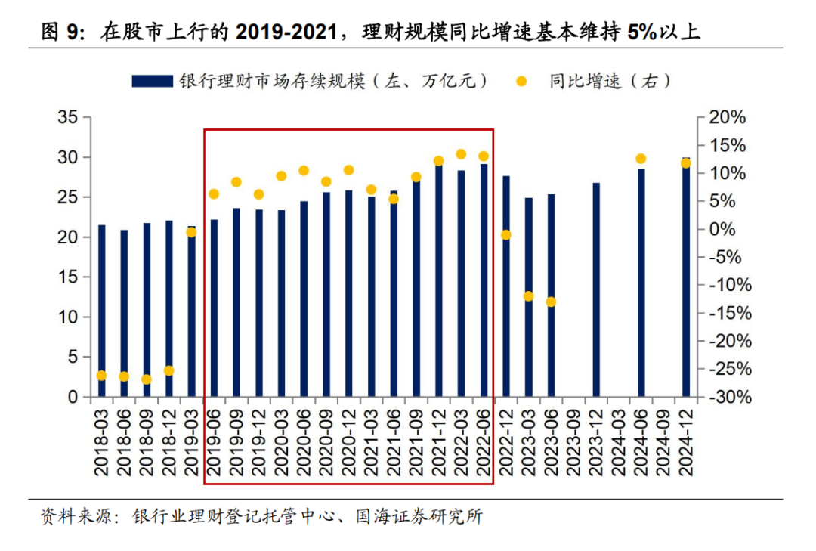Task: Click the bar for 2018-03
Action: (102, 311)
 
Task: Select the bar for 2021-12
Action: (438, 280)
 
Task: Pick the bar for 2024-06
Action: (641, 283)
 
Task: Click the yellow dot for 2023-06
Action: (551, 302)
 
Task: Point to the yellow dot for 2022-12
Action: (506, 235)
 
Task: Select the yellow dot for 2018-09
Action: (147, 379)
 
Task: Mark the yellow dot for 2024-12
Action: (686, 163)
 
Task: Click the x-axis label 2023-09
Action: (573, 441)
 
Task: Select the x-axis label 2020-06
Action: (304, 441)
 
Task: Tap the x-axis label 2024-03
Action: (619, 441)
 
